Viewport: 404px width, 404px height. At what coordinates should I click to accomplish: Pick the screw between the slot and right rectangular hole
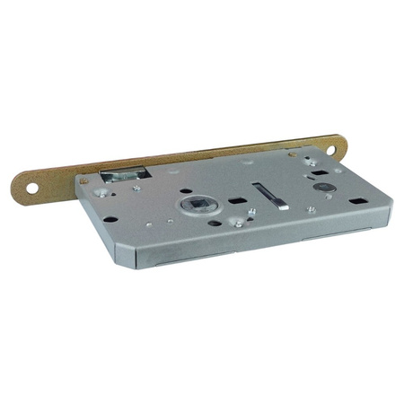(x=311, y=209)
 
